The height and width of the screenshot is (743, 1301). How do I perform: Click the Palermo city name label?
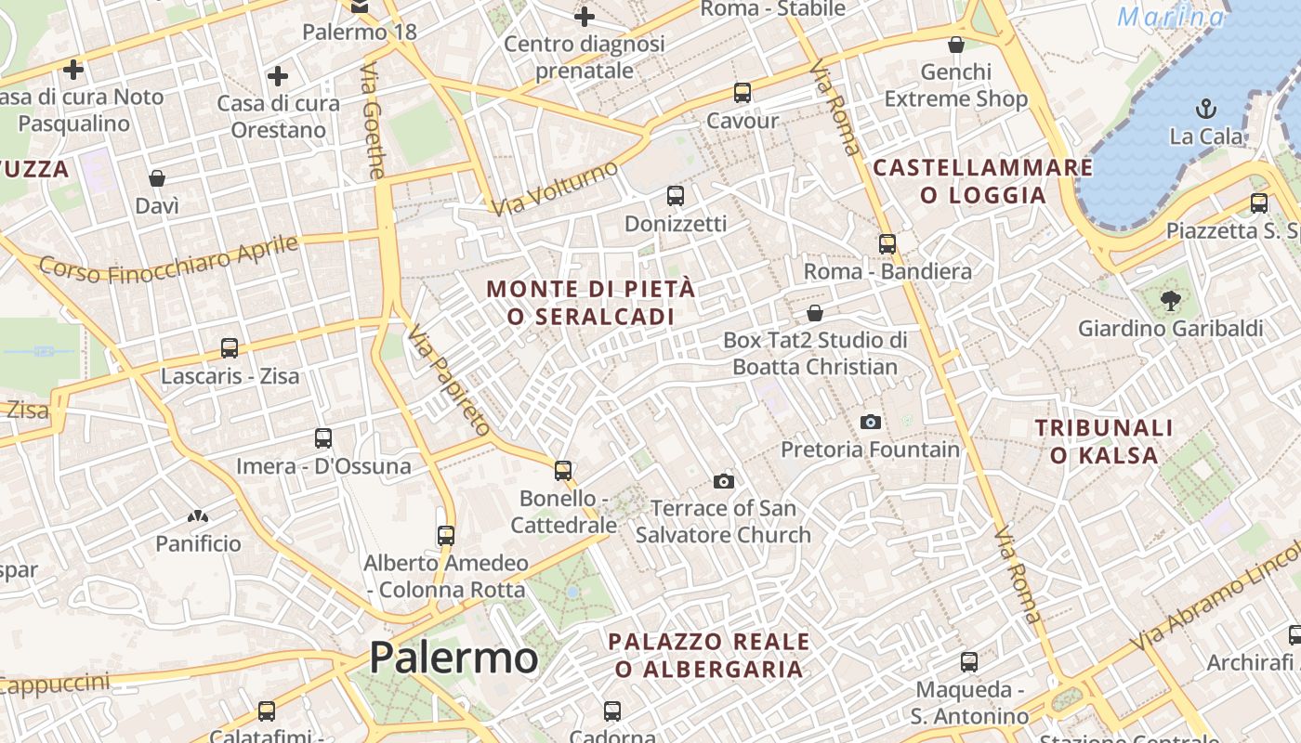point(453,658)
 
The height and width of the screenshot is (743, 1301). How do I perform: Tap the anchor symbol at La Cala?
point(1205,108)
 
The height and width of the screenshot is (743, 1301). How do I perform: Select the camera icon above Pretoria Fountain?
point(870,422)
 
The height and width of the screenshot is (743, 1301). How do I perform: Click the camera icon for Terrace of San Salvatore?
point(724,480)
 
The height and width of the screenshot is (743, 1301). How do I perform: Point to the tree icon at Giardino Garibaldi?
point(1170,299)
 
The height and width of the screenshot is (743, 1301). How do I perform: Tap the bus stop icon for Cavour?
point(742,93)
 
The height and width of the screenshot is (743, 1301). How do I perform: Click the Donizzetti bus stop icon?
point(676,196)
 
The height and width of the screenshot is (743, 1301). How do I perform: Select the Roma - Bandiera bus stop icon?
point(887,243)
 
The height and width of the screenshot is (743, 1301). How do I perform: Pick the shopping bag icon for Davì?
point(157,177)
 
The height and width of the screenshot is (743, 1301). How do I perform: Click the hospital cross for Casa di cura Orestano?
point(277,75)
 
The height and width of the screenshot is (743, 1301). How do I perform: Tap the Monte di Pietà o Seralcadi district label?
point(591,303)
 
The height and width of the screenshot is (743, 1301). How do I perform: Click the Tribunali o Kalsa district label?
point(1104,441)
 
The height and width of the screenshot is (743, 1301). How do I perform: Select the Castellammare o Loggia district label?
point(983,181)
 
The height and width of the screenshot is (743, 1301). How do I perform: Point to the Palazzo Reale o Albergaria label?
point(708,655)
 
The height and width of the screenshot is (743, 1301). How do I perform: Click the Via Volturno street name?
point(555,189)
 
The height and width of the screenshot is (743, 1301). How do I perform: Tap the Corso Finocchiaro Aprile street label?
point(169,260)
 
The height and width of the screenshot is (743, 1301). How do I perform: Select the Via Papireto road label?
point(448,381)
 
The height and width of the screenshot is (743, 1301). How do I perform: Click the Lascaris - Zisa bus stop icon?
point(230,348)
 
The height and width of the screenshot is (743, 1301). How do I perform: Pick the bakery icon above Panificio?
point(197,515)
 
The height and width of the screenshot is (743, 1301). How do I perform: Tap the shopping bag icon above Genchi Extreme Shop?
point(955,44)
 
